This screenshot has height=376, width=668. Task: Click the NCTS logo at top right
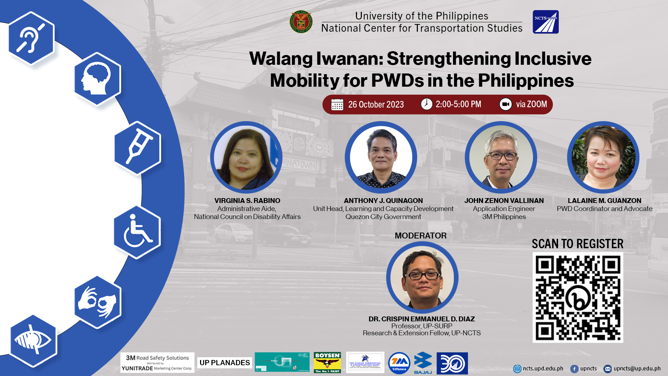(x=545, y=22)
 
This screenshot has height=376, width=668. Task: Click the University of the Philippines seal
(x=301, y=22)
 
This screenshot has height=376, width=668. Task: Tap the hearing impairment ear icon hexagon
(x=31, y=38)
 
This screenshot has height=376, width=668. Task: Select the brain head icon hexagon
(x=97, y=79)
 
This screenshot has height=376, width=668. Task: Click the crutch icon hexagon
(x=138, y=148)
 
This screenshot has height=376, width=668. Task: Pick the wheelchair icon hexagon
(x=137, y=232)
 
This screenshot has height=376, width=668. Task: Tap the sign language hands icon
(x=97, y=302)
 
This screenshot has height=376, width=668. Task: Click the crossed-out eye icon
(x=33, y=341)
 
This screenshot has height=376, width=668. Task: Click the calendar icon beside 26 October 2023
(x=337, y=104)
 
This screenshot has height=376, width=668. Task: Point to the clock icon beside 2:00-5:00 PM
(x=426, y=104)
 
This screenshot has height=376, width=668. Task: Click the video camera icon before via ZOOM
(x=505, y=104)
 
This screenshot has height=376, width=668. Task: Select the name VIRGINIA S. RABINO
(x=247, y=201)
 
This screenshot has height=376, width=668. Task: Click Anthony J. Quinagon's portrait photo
(x=381, y=157)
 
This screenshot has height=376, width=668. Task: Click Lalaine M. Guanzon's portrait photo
(x=603, y=157)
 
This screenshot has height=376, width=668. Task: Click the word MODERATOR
(x=420, y=236)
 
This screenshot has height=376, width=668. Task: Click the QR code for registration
(x=578, y=298)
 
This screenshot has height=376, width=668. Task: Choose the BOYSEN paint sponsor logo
(x=327, y=362)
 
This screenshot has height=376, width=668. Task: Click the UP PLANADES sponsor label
(x=224, y=363)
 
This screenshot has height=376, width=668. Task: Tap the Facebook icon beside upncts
(x=574, y=369)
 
